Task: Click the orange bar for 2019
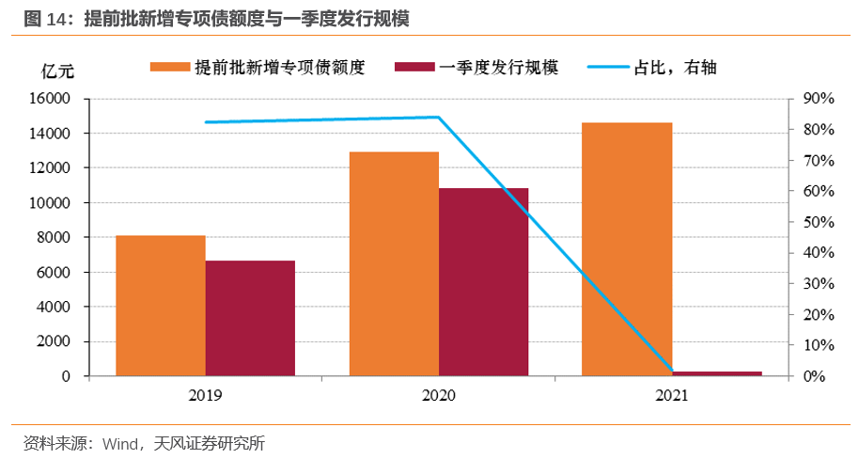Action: coord(161,306)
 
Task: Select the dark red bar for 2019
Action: coord(250,318)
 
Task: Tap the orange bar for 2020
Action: coord(394,263)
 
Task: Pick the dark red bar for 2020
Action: coord(483,281)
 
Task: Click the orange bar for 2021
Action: coord(627,249)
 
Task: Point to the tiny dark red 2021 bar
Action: coord(716,373)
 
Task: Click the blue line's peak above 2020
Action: coord(439,118)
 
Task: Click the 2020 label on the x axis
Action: coord(439,396)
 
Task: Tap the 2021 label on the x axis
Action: coord(671,396)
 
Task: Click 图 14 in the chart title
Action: coord(42,19)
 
